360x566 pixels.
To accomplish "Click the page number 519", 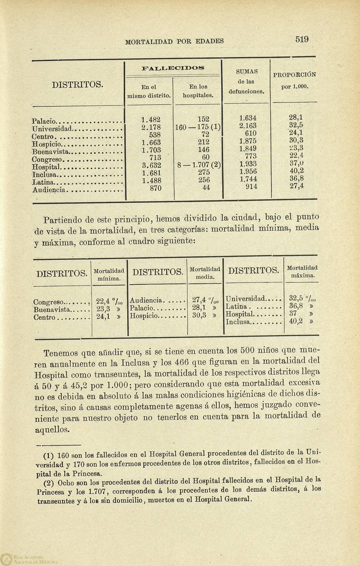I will pos(302,40).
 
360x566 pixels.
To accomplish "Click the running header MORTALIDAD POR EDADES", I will pos(174,41).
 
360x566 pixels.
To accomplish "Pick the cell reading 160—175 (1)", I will pos(198,127).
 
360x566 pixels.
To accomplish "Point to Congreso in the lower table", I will pos(49,302).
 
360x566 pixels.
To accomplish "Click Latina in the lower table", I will pos(236,307).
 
